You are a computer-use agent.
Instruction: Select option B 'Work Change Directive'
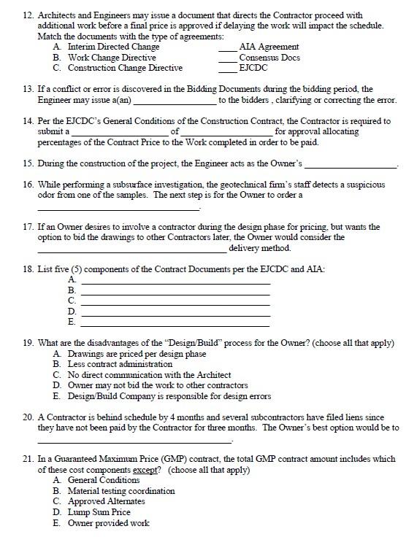pyautogui.click(x=112, y=57)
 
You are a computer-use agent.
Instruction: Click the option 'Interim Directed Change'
pyautogui.click(x=113, y=47)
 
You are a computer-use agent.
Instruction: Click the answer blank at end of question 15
pyautogui.click(x=350, y=165)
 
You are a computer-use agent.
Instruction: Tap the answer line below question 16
pyautogui.click(x=118, y=209)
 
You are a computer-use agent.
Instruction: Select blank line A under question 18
pyautogui.click(x=175, y=282)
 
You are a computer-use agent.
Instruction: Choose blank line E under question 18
pyautogui.click(x=175, y=323)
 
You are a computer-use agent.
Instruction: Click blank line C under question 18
pyautogui.click(x=175, y=303)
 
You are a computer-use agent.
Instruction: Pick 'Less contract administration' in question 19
pyautogui.click(x=120, y=363)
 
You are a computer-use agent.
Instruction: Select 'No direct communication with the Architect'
pyautogui.click(x=149, y=374)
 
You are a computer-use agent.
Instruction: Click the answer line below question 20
pyautogui.click(x=134, y=441)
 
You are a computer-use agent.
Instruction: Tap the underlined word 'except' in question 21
pyautogui.click(x=146, y=470)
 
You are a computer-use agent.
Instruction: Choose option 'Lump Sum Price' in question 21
pyautogui.click(x=99, y=512)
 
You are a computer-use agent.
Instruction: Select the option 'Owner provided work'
pyautogui.click(x=108, y=523)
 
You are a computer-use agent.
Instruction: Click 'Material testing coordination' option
pyautogui.click(x=121, y=491)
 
